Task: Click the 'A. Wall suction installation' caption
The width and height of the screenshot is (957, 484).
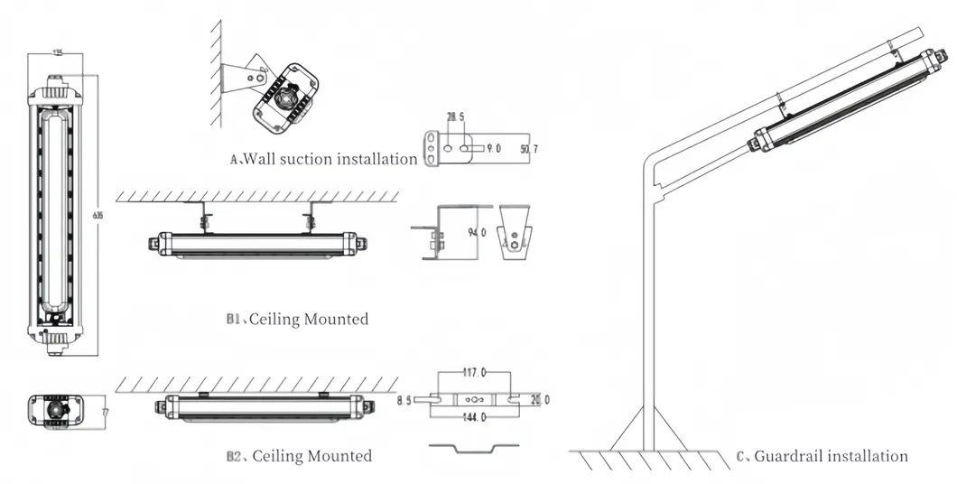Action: tap(323, 159)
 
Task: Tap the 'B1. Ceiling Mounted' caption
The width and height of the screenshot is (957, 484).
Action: tap(297, 319)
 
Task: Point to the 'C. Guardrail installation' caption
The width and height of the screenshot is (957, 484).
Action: tap(822, 456)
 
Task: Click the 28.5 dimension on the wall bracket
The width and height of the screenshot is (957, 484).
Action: tap(456, 117)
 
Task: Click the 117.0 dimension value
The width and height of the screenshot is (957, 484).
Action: tap(474, 371)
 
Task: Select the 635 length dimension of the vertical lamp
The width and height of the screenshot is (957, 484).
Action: tap(97, 214)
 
